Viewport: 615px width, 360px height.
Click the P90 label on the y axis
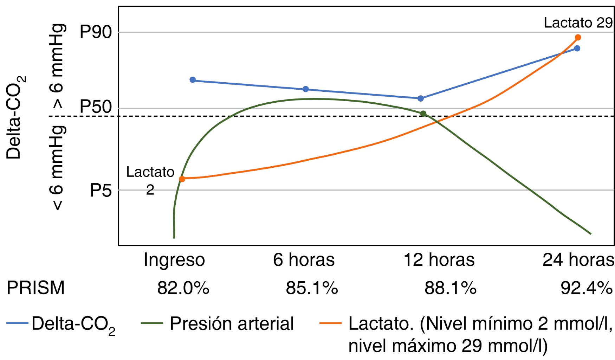pyautogui.click(x=96, y=32)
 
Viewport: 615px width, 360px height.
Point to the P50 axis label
pyautogui.click(x=96, y=107)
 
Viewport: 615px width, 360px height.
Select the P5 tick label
pyautogui.click(x=101, y=191)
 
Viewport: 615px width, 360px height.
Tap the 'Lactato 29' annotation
pyautogui.click(x=578, y=23)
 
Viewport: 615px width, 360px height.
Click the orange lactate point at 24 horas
pyautogui.click(x=578, y=37)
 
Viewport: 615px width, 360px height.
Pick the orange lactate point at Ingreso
pyautogui.click(x=182, y=179)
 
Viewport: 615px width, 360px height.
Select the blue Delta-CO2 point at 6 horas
pyautogui.click(x=306, y=89)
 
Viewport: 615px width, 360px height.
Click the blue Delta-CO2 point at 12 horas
pyautogui.click(x=421, y=98)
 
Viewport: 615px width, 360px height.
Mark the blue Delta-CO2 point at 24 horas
pyautogui.click(x=577, y=48)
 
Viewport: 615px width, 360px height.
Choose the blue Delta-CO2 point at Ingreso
pyautogui.click(x=193, y=80)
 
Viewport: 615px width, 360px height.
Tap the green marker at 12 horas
pyautogui.click(x=423, y=114)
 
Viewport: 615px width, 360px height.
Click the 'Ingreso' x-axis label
pyautogui.click(x=174, y=260)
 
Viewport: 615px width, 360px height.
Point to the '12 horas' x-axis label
pyautogui.click(x=439, y=260)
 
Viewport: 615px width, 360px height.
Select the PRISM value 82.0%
pyautogui.click(x=183, y=288)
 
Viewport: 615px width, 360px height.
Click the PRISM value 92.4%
pyautogui.click(x=587, y=288)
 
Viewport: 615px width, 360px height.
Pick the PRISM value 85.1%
pyautogui.click(x=312, y=288)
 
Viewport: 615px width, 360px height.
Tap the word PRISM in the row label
pyautogui.click(x=36, y=288)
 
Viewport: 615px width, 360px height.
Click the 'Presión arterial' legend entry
pyautogui.click(x=232, y=323)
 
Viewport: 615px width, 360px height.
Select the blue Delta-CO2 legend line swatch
pyautogui.click(x=17, y=323)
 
